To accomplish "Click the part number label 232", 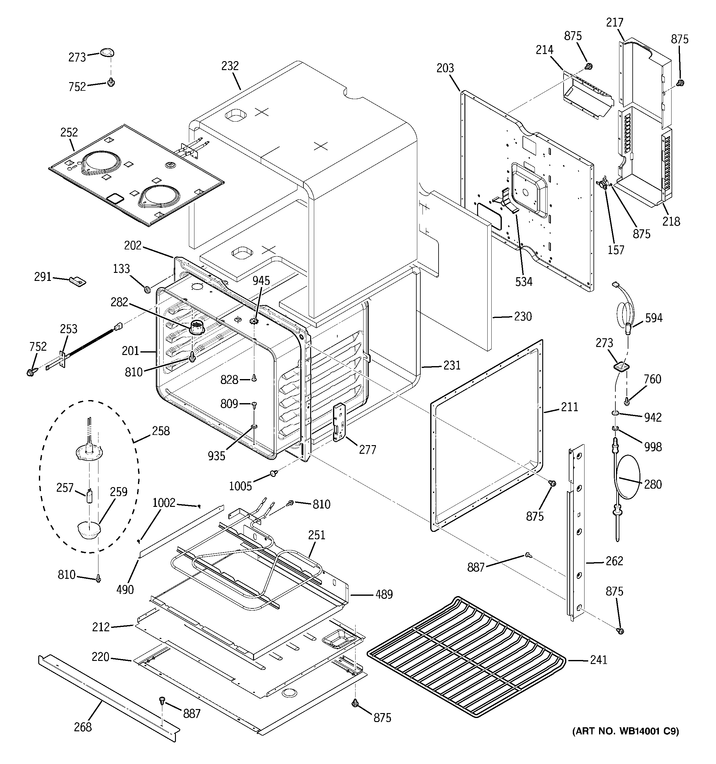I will (x=230, y=66).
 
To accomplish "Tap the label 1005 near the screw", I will (x=240, y=486).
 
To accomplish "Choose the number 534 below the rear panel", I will (x=524, y=282).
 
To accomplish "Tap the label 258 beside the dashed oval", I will (x=161, y=431).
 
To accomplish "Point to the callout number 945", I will (x=261, y=281).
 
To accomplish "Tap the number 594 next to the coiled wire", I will (x=654, y=318).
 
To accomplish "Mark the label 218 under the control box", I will (x=671, y=221).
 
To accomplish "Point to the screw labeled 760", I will (x=626, y=402).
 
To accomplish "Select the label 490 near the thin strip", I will (x=125, y=589).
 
